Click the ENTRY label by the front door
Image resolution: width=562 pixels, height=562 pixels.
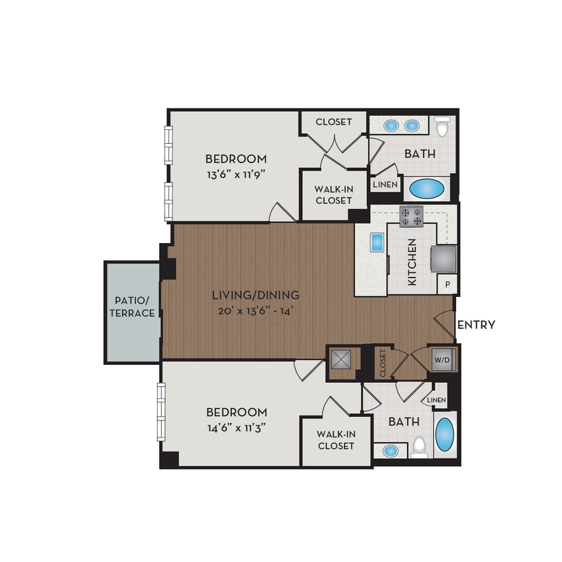click(x=475, y=325)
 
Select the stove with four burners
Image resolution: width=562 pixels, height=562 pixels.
click(x=411, y=216)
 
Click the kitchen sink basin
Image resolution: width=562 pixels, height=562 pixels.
click(x=377, y=242)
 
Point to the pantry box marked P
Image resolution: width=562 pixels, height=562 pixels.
click(x=446, y=284)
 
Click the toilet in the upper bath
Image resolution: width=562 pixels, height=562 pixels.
click(x=442, y=126)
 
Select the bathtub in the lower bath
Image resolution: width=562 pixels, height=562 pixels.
click(x=445, y=435)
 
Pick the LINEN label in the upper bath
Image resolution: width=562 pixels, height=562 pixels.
click(x=385, y=184)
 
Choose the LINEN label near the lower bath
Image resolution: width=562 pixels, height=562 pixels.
click(x=436, y=400)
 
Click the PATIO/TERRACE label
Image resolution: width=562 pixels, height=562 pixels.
click(x=133, y=306)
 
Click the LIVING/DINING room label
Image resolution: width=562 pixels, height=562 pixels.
click(x=256, y=295)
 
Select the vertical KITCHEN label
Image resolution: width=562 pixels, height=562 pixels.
click(x=412, y=262)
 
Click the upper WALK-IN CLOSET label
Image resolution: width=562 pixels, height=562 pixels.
click(x=334, y=194)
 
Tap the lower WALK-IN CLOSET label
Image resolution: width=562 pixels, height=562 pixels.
click(x=336, y=439)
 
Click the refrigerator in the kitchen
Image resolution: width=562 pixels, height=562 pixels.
click(x=444, y=258)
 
